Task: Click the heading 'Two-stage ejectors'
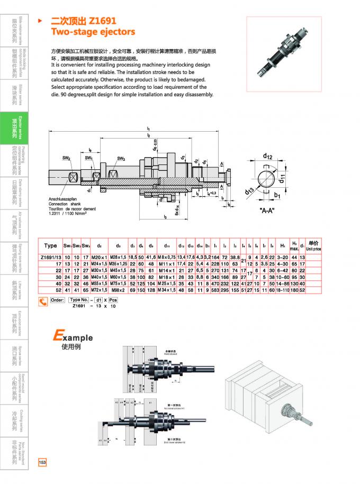[x=93, y=32]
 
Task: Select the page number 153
[x=42, y=462]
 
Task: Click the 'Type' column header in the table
[x=50, y=245]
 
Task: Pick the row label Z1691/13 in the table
[x=50, y=257]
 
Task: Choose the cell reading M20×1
[x=99, y=257]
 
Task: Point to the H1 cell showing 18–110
[x=290, y=290]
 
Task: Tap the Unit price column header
[x=313, y=245]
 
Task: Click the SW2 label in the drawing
[x=67, y=158]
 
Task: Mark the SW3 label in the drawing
[x=121, y=158]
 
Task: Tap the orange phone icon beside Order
[x=43, y=301]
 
